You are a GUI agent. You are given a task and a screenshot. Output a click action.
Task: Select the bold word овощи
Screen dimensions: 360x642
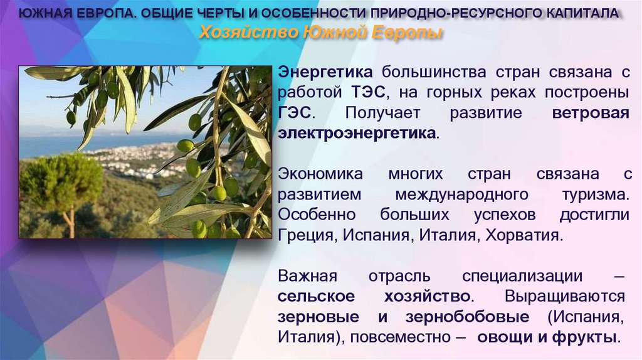point(502,337)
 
